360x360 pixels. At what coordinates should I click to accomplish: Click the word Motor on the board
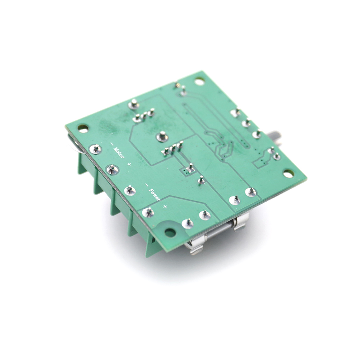pos(119,153)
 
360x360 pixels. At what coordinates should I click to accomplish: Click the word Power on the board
pos(154,194)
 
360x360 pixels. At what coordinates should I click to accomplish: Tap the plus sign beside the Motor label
pos(129,164)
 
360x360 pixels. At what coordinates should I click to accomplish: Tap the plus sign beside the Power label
pos(165,206)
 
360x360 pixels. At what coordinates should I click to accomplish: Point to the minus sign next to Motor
pos(112,144)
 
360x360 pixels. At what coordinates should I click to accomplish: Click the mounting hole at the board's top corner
pos(199,82)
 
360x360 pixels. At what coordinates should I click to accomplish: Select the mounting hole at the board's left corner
pos(83,128)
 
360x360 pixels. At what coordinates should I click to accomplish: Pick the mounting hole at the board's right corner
pos(289,174)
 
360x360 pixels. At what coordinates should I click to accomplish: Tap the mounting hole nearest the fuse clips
pos(170,233)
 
